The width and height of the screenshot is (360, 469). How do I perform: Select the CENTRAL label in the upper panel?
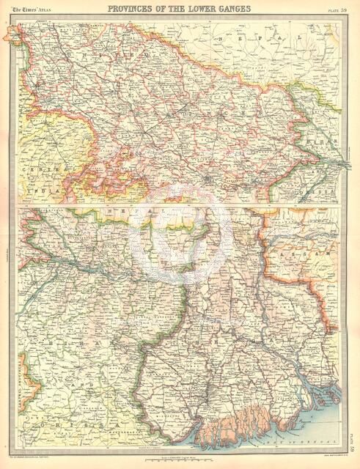click(34, 169)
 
